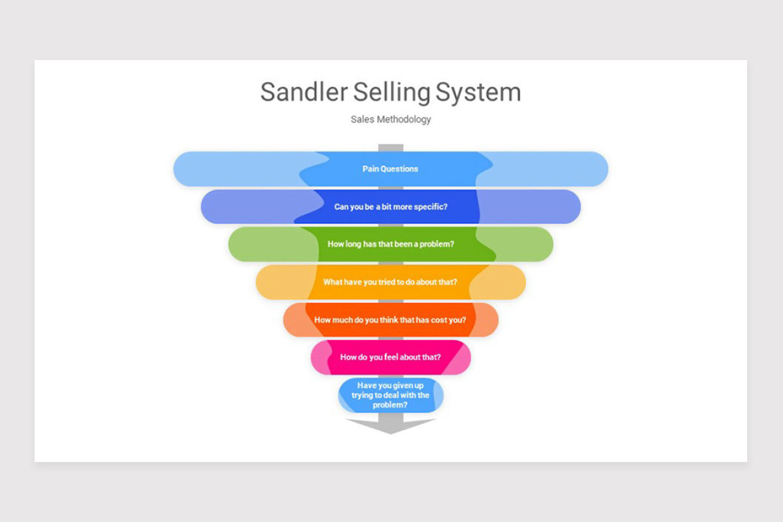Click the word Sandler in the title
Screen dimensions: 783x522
pos(304,92)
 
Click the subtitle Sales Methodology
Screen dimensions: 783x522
pos(391,119)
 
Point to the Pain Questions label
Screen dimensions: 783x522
pos(390,169)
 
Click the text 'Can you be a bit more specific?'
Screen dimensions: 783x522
pos(391,207)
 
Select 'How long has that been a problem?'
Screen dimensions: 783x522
pos(391,244)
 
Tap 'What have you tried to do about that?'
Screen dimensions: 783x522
pos(390,282)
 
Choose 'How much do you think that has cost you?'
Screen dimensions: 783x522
pos(390,320)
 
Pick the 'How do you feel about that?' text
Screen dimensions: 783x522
pos(390,358)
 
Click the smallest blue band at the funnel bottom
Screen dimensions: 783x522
pos(391,395)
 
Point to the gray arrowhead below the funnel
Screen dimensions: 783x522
pos(391,426)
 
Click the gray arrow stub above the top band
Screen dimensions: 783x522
pos(391,147)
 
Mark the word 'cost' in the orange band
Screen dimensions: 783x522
pos(438,320)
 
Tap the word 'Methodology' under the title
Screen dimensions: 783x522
pos(404,120)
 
